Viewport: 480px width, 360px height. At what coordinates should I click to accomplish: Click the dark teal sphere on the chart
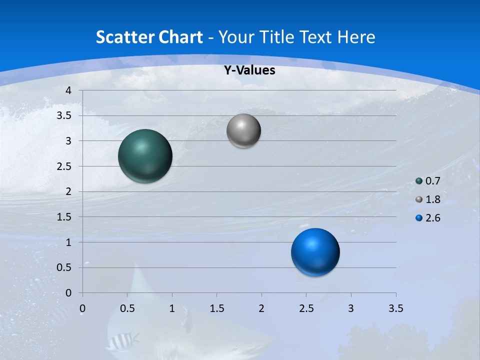145,156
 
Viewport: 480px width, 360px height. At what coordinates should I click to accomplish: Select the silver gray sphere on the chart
243,131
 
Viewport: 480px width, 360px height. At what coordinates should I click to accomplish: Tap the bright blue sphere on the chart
315,252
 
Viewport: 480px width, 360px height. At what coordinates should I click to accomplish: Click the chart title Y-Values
249,70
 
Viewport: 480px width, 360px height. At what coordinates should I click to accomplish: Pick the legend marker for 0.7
419,181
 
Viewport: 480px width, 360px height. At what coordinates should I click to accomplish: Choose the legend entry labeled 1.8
432,199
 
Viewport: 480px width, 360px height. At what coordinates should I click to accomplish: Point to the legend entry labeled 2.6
432,218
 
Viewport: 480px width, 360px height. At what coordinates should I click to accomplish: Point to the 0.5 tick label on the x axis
127,308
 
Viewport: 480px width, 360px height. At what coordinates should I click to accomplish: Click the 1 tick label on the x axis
172,308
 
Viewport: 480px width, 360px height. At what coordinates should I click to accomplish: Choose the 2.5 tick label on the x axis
306,308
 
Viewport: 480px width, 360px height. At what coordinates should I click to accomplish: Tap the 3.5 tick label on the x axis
395,308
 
